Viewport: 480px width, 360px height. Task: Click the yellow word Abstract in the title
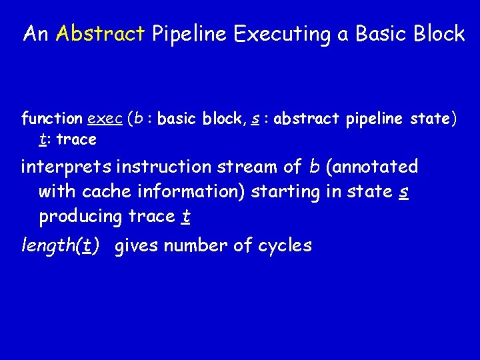click(101, 34)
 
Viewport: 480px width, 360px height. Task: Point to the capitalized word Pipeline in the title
click(189, 34)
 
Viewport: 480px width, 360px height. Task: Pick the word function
click(52, 119)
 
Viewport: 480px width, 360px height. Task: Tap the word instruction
click(161, 166)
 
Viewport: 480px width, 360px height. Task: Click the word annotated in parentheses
click(374, 167)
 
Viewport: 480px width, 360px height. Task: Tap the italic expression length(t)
click(61, 246)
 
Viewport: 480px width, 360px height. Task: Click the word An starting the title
click(36, 34)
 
